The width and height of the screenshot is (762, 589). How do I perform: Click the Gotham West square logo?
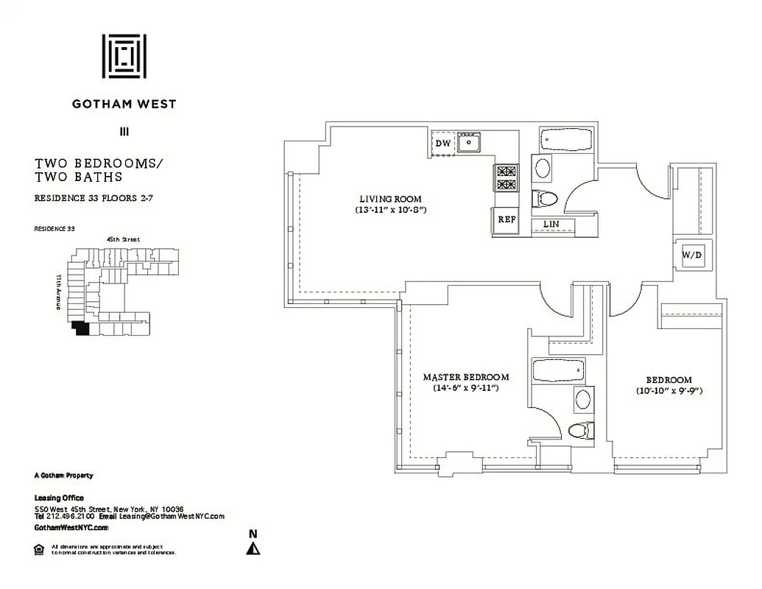(124, 56)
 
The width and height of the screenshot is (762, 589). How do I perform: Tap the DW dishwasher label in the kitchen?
(443, 144)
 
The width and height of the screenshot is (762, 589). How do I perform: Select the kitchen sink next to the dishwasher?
(468, 141)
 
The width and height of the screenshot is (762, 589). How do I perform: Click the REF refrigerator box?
(506, 219)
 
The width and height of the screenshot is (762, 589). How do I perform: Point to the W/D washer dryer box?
(692, 255)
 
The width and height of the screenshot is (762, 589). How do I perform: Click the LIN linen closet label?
(550, 224)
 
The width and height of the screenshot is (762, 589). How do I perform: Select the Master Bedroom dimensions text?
(466, 387)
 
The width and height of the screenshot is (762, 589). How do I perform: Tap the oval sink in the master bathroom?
(582, 400)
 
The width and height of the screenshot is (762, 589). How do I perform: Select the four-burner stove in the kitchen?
(506, 177)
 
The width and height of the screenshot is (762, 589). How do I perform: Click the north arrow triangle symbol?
(253, 549)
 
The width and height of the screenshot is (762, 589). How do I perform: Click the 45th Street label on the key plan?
(123, 239)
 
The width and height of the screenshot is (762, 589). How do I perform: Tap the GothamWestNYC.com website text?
(71, 528)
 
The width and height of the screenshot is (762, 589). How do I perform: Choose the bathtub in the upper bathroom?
(565, 140)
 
